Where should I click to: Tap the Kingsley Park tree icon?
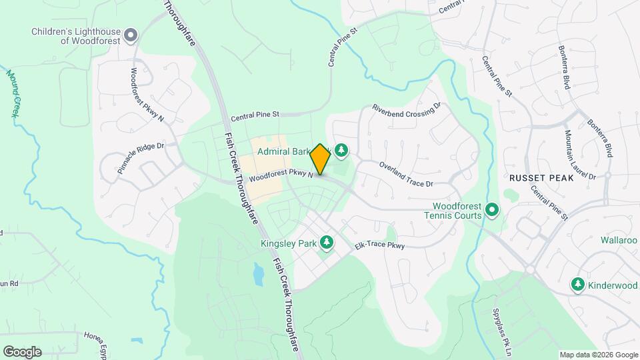click(x=327, y=243)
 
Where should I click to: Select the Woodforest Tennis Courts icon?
click(x=493, y=211)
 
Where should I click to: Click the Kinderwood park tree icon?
click(x=578, y=285)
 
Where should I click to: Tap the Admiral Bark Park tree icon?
click(x=341, y=151)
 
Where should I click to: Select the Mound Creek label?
click(x=13, y=93)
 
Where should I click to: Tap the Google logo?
click(x=22, y=351)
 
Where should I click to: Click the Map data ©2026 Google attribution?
click(x=598, y=355)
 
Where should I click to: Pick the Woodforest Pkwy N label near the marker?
click(x=279, y=177)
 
